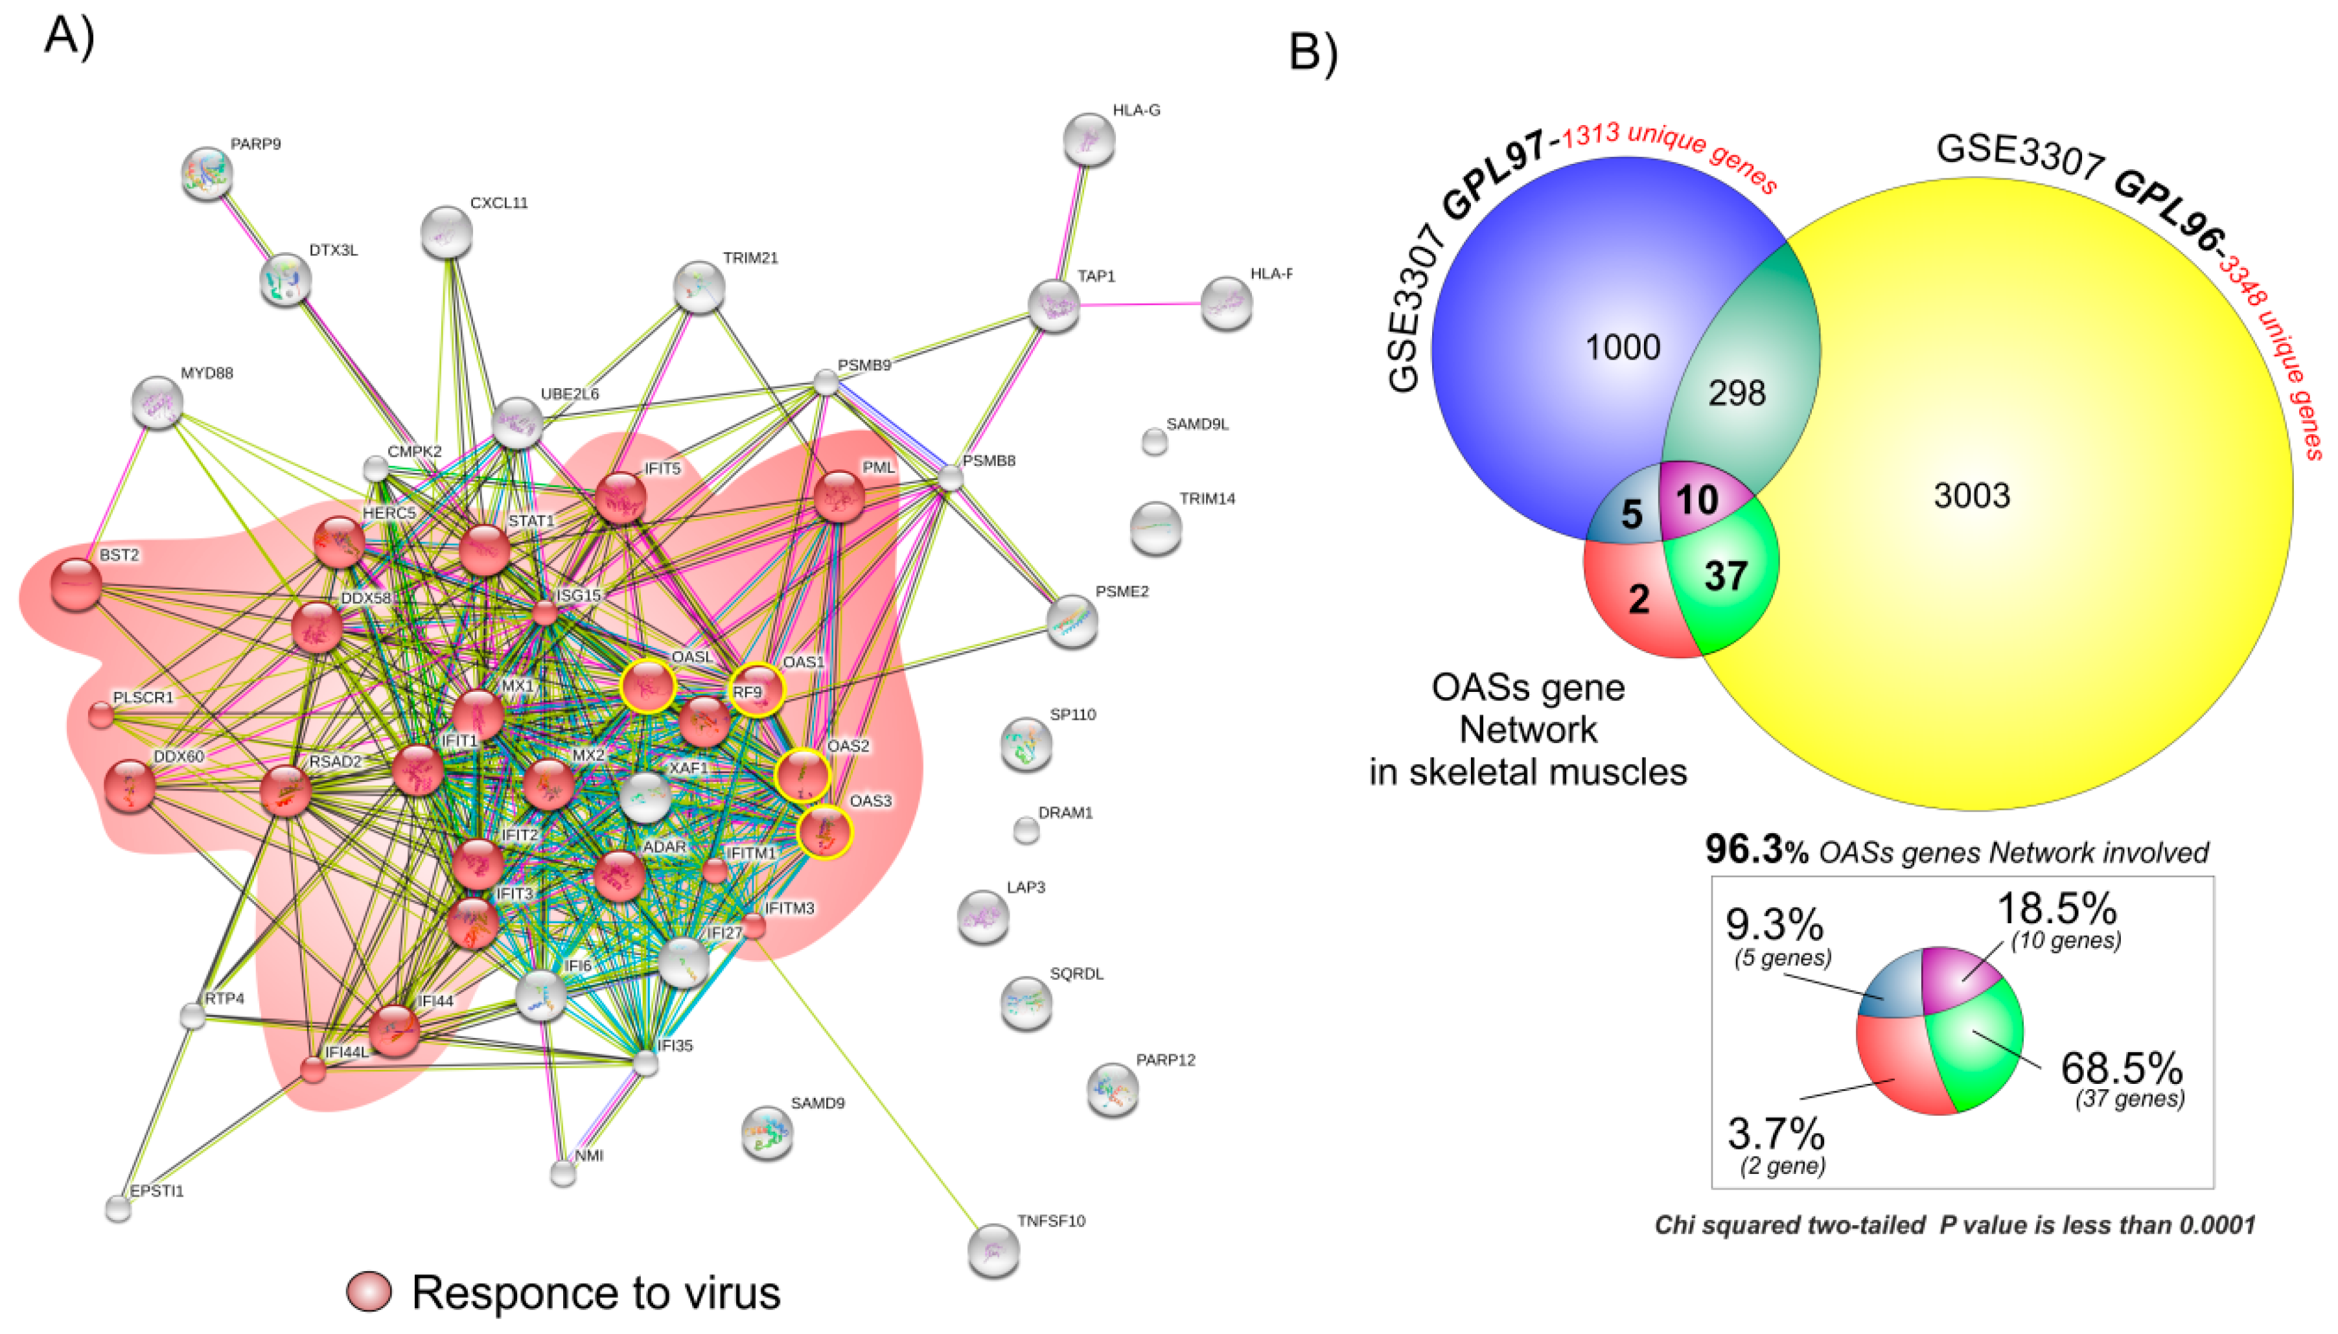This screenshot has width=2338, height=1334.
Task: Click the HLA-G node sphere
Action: [1089, 139]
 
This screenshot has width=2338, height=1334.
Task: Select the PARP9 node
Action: [207, 172]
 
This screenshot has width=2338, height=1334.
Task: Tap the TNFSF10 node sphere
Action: [993, 1250]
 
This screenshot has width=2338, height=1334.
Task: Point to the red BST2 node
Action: [76, 584]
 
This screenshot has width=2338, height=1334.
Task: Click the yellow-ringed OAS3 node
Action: [824, 832]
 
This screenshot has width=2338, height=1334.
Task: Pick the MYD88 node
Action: [157, 401]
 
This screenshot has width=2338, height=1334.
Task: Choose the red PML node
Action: [839, 496]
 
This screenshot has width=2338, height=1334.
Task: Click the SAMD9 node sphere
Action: [767, 1133]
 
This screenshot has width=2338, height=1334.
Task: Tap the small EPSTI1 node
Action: [118, 1208]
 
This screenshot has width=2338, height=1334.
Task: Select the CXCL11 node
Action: [447, 232]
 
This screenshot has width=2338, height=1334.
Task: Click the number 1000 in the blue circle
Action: [1623, 347]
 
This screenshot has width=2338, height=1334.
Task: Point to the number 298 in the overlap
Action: [1736, 393]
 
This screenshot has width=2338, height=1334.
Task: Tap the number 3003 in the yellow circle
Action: [1971, 496]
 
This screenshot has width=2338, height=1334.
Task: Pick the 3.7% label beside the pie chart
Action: [1776, 1134]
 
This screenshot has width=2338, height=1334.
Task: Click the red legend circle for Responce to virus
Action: [369, 1292]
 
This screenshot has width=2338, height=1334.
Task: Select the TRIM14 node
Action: [1155, 528]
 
